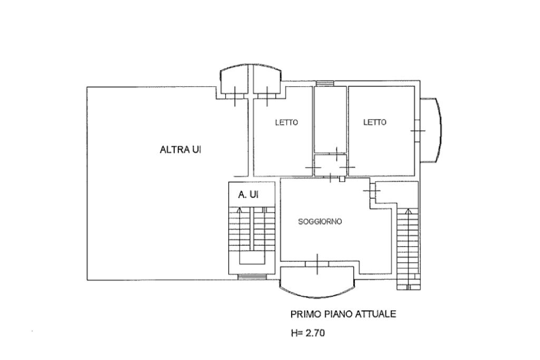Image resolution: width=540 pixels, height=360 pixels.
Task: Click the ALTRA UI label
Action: pyautogui.click(x=180, y=150)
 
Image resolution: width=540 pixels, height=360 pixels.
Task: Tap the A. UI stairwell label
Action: pyautogui.click(x=248, y=195)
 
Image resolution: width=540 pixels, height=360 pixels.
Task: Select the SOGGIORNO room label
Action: pyautogui.click(x=320, y=222)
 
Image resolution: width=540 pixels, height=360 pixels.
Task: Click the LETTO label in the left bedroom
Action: pyautogui.click(x=286, y=122)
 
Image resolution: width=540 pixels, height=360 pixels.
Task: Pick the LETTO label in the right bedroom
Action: pyautogui.click(x=375, y=122)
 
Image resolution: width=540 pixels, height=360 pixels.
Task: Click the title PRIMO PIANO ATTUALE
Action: pyautogui.click(x=343, y=314)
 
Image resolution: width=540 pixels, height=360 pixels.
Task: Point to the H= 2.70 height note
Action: pyautogui.click(x=307, y=333)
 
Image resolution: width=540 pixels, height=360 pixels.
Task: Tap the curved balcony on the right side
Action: pyautogui.click(x=430, y=130)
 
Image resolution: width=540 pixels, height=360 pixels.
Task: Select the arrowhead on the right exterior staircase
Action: pyautogui.click(x=409, y=211)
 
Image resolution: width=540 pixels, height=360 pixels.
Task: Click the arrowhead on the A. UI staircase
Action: pyautogui.click(x=240, y=209)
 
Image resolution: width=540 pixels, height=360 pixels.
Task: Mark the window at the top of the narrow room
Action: pyautogui.click(x=325, y=83)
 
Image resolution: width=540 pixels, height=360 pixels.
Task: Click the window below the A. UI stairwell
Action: pyautogui.click(x=252, y=276)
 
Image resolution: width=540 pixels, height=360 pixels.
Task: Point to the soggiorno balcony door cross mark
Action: pyautogui.click(x=317, y=264)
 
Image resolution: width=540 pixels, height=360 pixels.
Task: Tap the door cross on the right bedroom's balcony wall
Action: pyautogui.click(x=418, y=130)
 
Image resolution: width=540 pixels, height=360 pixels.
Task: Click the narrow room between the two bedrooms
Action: pyautogui.click(x=330, y=120)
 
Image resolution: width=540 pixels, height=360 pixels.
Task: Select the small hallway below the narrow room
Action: pyautogui.click(x=330, y=165)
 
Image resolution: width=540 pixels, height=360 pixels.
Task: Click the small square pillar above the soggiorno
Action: pyautogui.click(x=342, y=179)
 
